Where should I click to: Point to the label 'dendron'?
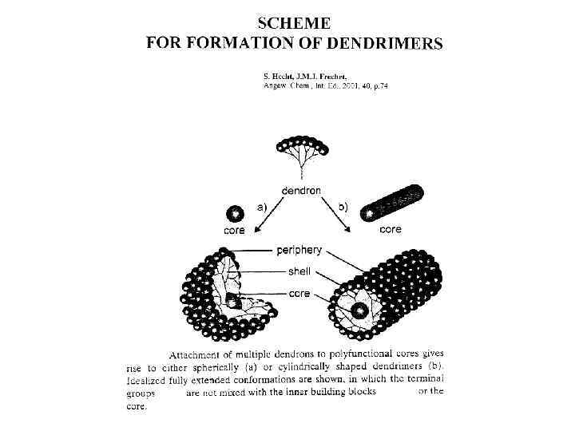pos(301,191)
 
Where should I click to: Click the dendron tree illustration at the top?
pos(302,155)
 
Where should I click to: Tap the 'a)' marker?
pos(261,206)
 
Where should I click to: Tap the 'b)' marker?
pos(342,206)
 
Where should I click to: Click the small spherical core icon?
pos(235,214)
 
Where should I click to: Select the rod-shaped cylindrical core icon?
pos(392,204)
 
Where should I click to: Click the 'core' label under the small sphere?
pos(234,231)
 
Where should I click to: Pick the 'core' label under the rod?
pos(391,230)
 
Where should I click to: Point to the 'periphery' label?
pos(299,250)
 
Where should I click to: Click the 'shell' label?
pos(299,271)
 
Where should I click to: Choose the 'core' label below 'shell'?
pos(299,293)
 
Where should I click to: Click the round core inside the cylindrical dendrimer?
pos(360,310)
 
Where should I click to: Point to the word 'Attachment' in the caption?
pos(196,354)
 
